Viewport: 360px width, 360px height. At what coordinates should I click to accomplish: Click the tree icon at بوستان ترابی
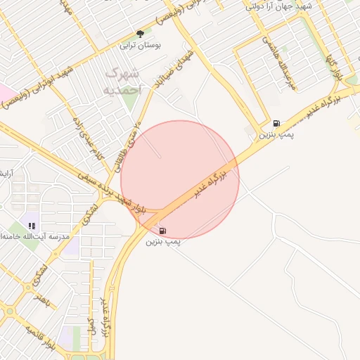tap(140, 33)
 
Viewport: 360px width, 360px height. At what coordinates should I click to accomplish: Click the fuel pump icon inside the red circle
tap(163, 231)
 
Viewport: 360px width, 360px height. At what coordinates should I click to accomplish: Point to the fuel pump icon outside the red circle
tap(276, 122)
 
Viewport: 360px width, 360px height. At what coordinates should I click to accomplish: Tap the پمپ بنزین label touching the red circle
tap(163, 242)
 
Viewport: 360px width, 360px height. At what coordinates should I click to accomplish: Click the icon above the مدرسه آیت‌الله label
tap(32, 226)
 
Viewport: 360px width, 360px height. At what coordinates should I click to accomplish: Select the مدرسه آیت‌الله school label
tap(35, 237)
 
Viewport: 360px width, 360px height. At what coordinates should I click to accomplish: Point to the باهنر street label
tap(44, 299)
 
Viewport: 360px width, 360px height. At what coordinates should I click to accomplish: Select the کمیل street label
tap(91, 324)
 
